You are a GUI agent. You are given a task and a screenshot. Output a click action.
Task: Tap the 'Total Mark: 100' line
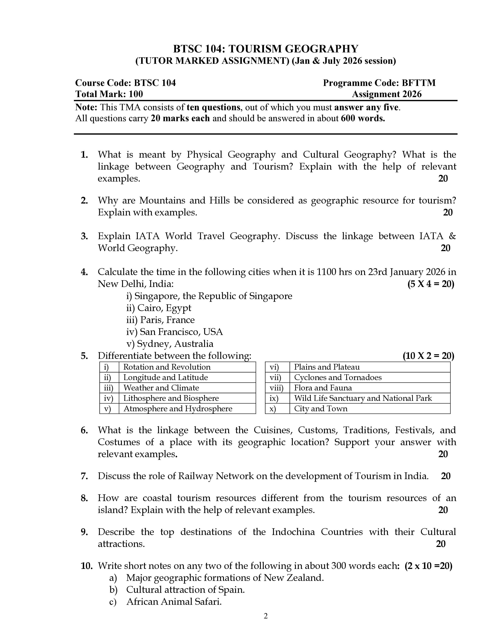point(109,94)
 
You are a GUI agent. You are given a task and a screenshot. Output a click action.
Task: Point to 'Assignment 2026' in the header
point(387,94)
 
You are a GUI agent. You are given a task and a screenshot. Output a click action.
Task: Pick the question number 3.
point(84,236)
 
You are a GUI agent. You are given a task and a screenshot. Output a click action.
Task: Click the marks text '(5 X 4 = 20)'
point(431,284)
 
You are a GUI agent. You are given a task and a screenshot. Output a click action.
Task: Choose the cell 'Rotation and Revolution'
point(167,367)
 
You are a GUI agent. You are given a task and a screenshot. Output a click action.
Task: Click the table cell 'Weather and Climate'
point(161,388)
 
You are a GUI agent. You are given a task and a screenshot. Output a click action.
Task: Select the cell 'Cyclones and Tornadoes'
point(338,377)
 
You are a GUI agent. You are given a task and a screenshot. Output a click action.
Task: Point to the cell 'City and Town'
point(321,409)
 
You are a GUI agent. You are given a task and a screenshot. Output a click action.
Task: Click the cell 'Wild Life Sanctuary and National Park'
point(363,398)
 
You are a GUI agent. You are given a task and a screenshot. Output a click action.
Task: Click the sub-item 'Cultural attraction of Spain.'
point(185,590)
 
